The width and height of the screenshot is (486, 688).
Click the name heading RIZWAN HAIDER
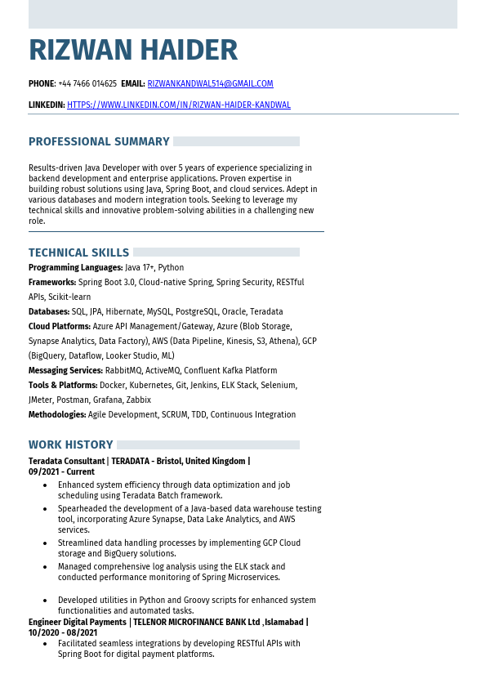point(133,51)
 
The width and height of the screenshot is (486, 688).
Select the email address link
point(210,84)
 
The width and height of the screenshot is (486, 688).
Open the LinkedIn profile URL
point(178,105)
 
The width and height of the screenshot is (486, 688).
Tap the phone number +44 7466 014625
point(87,84)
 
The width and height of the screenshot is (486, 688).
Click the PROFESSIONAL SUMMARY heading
point(99,142)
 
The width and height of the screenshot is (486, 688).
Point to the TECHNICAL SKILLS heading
point(78,253)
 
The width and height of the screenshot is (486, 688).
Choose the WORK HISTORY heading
point(70,445)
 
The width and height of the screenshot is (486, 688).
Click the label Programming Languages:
point(75,268)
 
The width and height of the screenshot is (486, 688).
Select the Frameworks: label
point(52,283)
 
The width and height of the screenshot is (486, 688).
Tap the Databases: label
point(49,312)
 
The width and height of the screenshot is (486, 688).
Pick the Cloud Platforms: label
point(60,327)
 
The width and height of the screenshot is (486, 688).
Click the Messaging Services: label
point(66,371)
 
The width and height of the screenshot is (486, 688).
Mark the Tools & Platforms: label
point(63,386)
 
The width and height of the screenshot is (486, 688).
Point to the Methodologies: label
point(57,415)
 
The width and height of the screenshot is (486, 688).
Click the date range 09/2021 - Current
point(61,472)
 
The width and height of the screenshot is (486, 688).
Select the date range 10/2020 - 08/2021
point(63,632)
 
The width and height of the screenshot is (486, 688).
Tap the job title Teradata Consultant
point(66,462)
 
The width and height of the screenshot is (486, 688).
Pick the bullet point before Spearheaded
point(44,509)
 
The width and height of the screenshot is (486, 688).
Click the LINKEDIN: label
point(47,105)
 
